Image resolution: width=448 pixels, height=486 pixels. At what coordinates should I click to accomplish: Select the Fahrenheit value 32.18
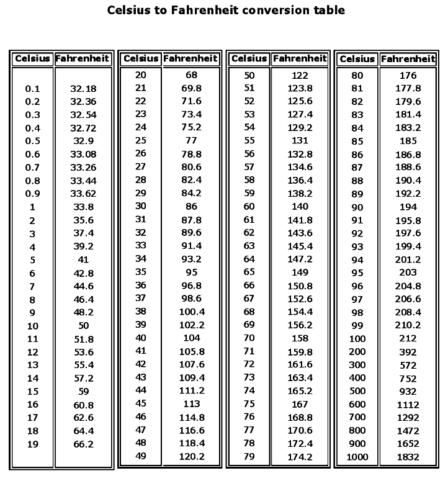(x=83, y=89)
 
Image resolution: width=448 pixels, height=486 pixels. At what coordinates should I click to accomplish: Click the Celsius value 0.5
(x=32, y=141)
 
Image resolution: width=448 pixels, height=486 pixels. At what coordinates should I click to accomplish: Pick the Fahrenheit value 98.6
(x=191, y=299)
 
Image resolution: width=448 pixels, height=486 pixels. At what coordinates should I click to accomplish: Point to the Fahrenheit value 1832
(x=408, y=457)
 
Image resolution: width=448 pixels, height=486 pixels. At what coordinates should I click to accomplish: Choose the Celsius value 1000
(x=357, y=457)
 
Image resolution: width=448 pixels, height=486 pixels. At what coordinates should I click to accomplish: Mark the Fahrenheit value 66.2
(x=83, y=444)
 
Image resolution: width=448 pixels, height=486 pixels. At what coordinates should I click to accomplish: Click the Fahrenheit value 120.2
(x=191, y=456)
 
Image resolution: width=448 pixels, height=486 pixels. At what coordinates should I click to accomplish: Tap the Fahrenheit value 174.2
(x=300, y=457)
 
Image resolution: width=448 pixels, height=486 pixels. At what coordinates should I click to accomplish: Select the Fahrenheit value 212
(x=408, y=339)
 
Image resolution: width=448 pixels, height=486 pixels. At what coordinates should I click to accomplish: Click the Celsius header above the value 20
(x=140, y=59)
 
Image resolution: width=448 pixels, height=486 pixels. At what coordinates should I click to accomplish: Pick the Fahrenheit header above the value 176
(x=408, y=59)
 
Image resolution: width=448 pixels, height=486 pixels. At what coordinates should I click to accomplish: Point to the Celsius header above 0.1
(x=32, y=59)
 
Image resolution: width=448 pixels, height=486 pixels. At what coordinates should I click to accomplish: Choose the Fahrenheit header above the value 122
(x=300, y=59)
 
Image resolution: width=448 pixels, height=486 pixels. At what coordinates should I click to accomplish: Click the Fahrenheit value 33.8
(x=83, y=207)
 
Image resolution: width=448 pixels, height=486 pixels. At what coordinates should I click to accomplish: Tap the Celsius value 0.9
(x=32, y=194)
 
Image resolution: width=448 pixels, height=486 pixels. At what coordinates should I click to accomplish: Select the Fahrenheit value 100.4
(x=191, y=312)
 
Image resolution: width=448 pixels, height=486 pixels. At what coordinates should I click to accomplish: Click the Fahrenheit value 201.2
(x=408, y=260)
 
